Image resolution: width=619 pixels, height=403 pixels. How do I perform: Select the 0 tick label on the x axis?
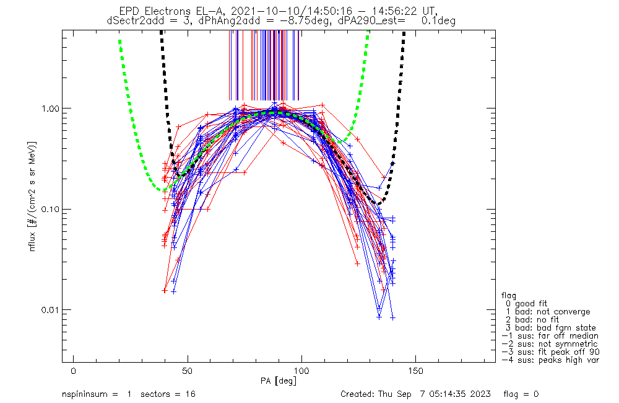tap(74, 371)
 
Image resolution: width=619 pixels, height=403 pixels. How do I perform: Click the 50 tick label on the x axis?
tap(188, 371)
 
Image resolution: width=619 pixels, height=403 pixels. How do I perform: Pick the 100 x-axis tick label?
tap(301, 371)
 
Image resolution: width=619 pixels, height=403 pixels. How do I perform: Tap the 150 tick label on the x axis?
tap(416, 371)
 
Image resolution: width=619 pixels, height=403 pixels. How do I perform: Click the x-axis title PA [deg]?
tap(279, 381)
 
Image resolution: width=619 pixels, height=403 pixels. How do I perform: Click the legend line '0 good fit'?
tap(526, 304)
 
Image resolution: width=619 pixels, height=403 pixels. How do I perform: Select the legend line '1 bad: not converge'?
tap(548, 312)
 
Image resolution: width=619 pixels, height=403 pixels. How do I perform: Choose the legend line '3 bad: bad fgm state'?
tap(551, 328)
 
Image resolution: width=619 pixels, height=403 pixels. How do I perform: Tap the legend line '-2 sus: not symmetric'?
tap(550, 344)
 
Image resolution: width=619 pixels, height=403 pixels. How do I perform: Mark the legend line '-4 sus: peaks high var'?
tap(550, 360)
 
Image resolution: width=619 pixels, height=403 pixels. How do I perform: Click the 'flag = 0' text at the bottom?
tap(521, 394)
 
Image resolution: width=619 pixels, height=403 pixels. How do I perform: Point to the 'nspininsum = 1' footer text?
tap(97, 394)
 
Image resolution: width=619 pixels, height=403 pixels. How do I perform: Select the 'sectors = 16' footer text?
tap(168, 394)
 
